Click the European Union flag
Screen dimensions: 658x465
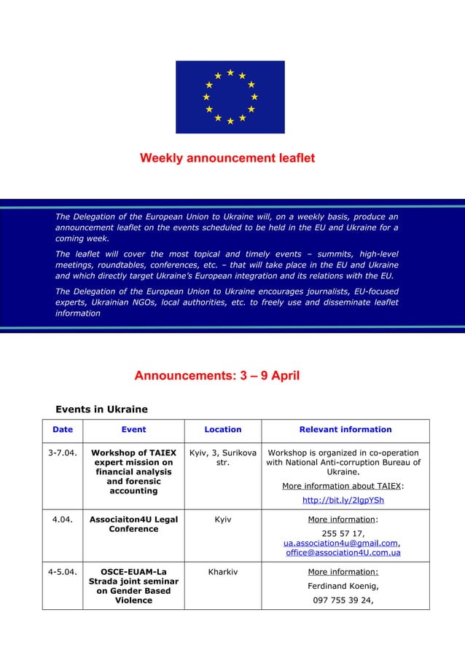(230, 97)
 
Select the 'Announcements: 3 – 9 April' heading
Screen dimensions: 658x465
(216, 376)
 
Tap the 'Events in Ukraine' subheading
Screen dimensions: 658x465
(101, 408)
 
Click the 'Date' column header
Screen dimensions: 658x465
(63, 430)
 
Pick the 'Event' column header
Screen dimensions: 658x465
(133, 430)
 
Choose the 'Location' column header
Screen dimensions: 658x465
(222, 430)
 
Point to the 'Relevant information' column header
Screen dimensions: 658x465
(345, 430)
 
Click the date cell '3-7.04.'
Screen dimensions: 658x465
(63, 453)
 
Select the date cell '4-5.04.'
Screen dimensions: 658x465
(63, 572)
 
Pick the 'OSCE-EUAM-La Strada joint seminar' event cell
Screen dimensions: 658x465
(133, 586)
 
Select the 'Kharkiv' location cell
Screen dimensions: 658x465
(222, 572)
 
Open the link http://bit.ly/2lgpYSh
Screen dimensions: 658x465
(343, 500)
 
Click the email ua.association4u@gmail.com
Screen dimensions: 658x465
(341, 543)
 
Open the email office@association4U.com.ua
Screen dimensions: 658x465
(343, 553)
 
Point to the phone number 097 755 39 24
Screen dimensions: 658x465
(343, 601)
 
